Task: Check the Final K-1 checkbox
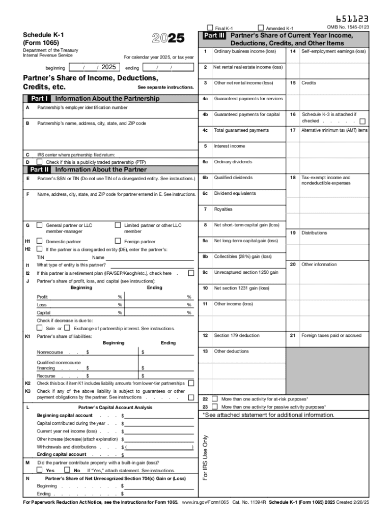[210, 27]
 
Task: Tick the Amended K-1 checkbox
[261, 27]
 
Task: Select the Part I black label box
[39, 99]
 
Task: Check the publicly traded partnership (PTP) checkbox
[40, 162]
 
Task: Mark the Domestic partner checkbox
[40, 241]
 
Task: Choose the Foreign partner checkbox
[118, 241]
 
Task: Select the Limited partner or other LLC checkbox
[118, 224]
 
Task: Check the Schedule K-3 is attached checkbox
[362, 122]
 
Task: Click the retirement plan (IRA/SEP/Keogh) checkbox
[191, 273]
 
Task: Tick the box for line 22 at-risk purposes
[214, 399]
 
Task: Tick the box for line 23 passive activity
[214, 407]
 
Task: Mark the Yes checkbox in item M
[40, 471]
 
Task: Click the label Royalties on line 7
[223, 209]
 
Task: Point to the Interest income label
[229, 146]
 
